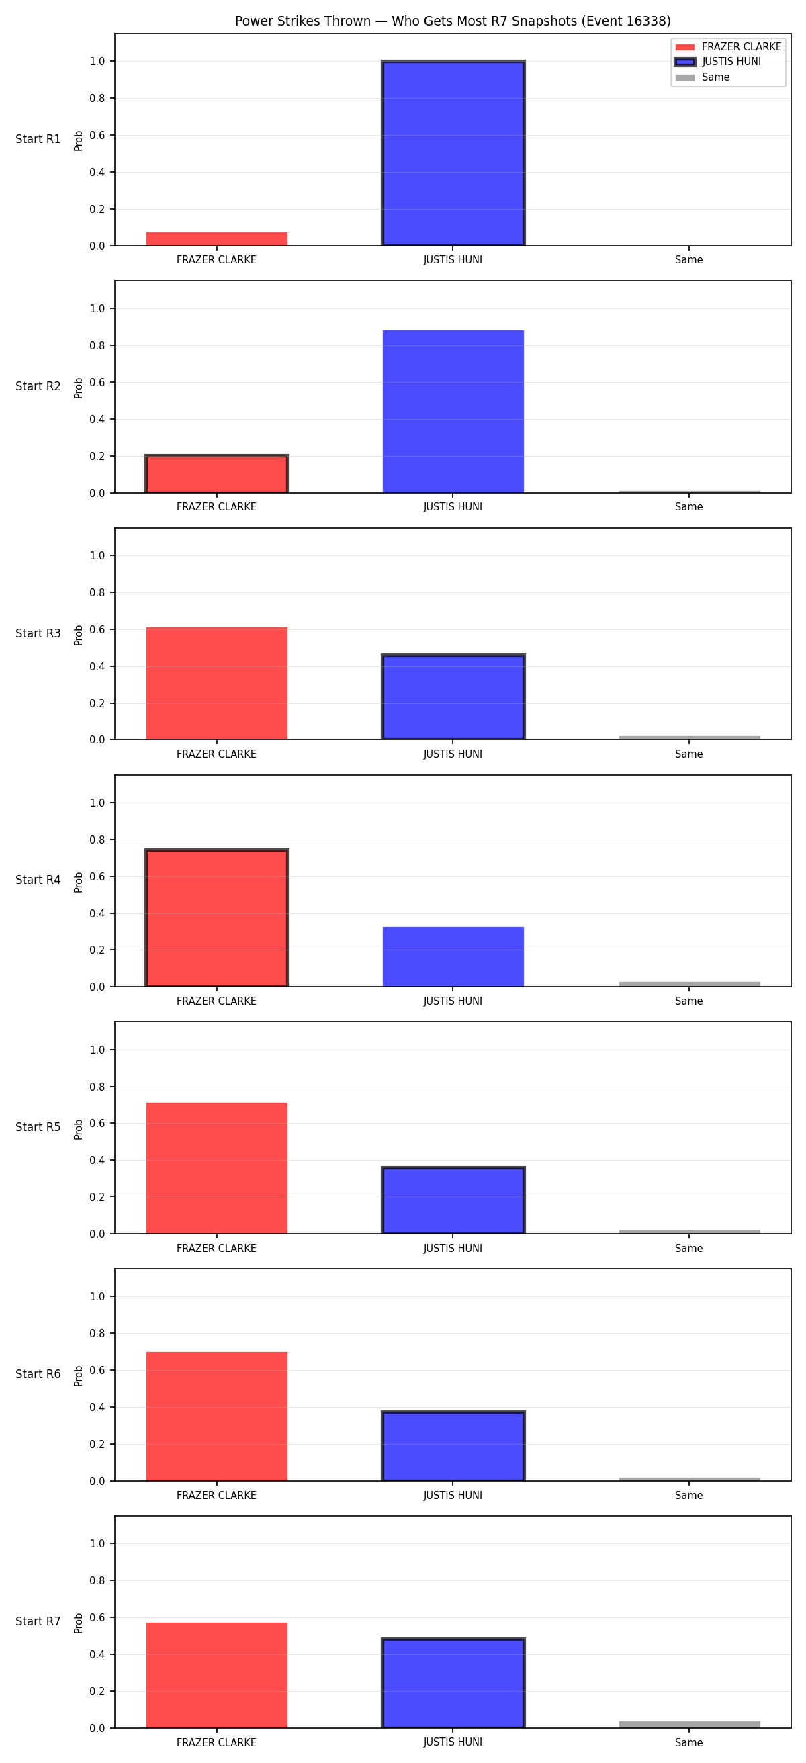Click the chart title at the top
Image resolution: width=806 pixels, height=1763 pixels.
(452, 21)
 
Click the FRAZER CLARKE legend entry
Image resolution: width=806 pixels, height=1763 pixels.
(728, 46)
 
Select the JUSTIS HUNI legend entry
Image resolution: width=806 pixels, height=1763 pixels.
(718, 62)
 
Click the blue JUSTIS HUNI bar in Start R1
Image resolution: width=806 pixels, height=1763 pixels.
(453, 153)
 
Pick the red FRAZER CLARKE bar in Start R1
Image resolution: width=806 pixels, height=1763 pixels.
(217, 239)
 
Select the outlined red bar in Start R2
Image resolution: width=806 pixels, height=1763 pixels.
(217, 473)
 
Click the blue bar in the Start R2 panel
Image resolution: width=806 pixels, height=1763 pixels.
(453, 411)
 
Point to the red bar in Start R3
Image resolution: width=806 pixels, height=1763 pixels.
(217, 683)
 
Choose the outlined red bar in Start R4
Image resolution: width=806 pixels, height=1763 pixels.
(217, 918)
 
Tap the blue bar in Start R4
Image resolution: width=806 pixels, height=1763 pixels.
(453, 957)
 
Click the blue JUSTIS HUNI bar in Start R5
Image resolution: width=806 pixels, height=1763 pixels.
(453, 1200)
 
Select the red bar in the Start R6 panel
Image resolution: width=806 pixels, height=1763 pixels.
(217, 1416)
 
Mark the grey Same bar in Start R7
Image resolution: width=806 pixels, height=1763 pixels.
(690, 1725)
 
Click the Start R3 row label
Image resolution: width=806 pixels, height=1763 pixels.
(38, 633)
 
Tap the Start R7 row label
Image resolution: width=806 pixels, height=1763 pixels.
(38, 1621)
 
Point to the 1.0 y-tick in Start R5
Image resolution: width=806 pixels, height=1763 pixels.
(97, 1050)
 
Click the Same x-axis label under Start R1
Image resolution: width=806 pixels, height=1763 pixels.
(689, 260)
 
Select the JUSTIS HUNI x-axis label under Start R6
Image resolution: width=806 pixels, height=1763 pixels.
(453, 1496)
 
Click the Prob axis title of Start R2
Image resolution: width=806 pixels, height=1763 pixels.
(79, 388)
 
